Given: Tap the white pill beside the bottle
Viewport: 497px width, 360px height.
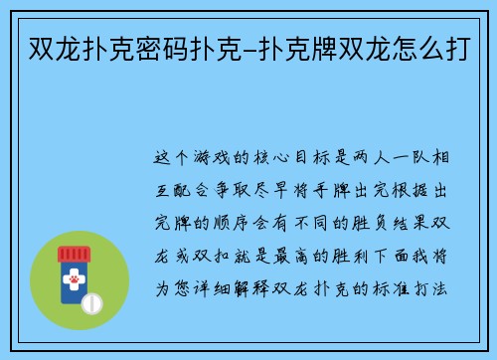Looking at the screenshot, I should [x=91, y=302].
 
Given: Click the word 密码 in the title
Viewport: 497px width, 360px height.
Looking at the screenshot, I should [x=161, y=46].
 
